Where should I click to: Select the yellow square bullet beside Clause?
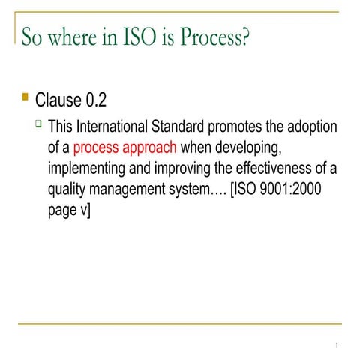tap(25, 97)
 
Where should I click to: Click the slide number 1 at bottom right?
tap(338, 346)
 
